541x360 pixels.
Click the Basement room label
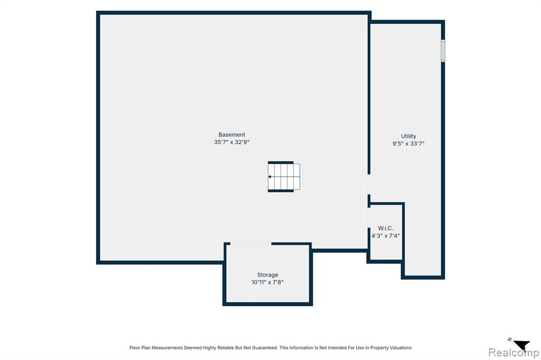(x=232, y=135)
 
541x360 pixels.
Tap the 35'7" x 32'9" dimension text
(x=231, y=142)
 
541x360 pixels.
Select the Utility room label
(x=408, y=136)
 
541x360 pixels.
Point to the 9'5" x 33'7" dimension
(x=408, y=144)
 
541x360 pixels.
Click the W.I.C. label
(x=385, y=228)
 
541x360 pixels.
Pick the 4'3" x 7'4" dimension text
(x=385, y=236)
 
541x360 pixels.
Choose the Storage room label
(x=267, y=275)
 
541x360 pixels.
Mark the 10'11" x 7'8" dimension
(x=267, y=282)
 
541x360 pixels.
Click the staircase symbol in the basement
(x=284, y=176)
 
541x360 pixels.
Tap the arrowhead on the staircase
(x=269, y=176)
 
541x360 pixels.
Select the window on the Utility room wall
(x=443, y=51)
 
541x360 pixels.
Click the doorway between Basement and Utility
(x=369, y=184)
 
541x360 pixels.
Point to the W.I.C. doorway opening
(x=369, y=217)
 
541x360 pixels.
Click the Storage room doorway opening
(x=251, y=244)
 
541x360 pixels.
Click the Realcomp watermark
(x=514, y=353)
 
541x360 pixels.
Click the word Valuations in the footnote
(x=400, y=347)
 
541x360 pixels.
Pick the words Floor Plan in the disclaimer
(x=139, y=347)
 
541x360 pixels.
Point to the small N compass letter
(x=510, y=339)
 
